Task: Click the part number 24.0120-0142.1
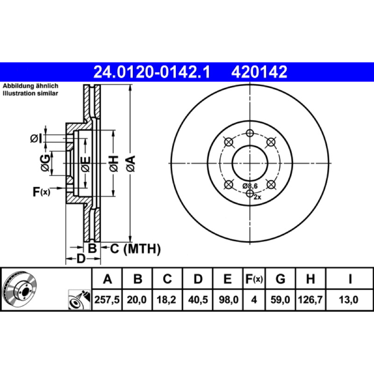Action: click(x=151, y=72)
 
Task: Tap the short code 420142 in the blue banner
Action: click(x=259, y=72)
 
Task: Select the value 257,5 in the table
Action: click(x=107, y=300)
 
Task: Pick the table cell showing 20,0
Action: click(x=137, y=300)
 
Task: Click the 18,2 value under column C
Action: click(x=166, y=300)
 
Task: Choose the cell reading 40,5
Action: click(x=198, y=300)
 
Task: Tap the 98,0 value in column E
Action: click(x=229, y=300)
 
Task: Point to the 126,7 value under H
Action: click(x=310, y=300)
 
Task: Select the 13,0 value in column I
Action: click(x=348, y=300)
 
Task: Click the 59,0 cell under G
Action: click(x=280, y=300)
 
